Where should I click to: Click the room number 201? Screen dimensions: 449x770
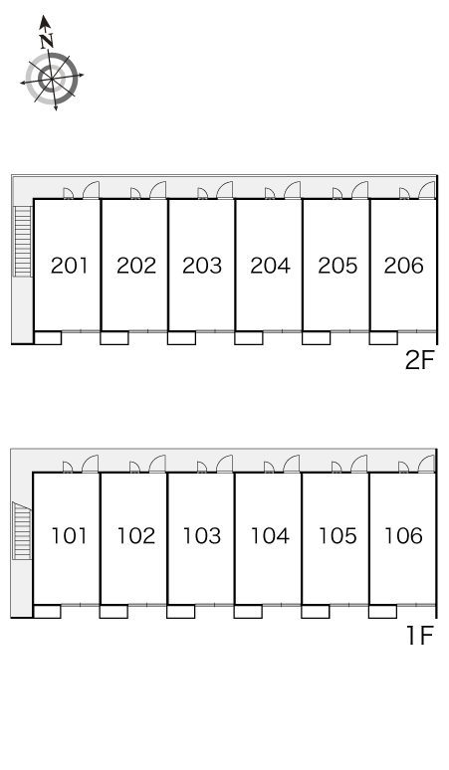(70, 266)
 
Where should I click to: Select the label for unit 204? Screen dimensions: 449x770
(270, 266)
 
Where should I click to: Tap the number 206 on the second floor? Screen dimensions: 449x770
(404, 266)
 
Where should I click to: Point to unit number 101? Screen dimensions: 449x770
(70, 536)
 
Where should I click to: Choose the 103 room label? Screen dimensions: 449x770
(202, 536)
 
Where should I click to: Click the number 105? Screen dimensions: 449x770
(337, 536)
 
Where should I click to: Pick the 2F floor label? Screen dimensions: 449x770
(420, 360)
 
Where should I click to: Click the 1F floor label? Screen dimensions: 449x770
(420, 636)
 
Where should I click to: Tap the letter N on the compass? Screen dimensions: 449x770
(47, 40)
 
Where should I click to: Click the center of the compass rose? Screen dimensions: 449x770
(52, 79)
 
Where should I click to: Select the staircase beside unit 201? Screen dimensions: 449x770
(23, 241)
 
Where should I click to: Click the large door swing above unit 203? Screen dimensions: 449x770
(225, 191)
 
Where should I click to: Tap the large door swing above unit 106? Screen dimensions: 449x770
(426, 464)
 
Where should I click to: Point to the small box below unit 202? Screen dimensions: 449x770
(114, 338)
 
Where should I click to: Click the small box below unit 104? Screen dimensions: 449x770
(248, 612)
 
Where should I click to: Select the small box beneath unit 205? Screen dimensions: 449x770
(316, 338)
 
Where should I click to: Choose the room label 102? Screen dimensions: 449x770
(136, 536)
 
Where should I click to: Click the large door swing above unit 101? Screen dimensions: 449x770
(90, 464)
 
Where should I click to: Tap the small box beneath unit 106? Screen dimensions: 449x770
(382, 612)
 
